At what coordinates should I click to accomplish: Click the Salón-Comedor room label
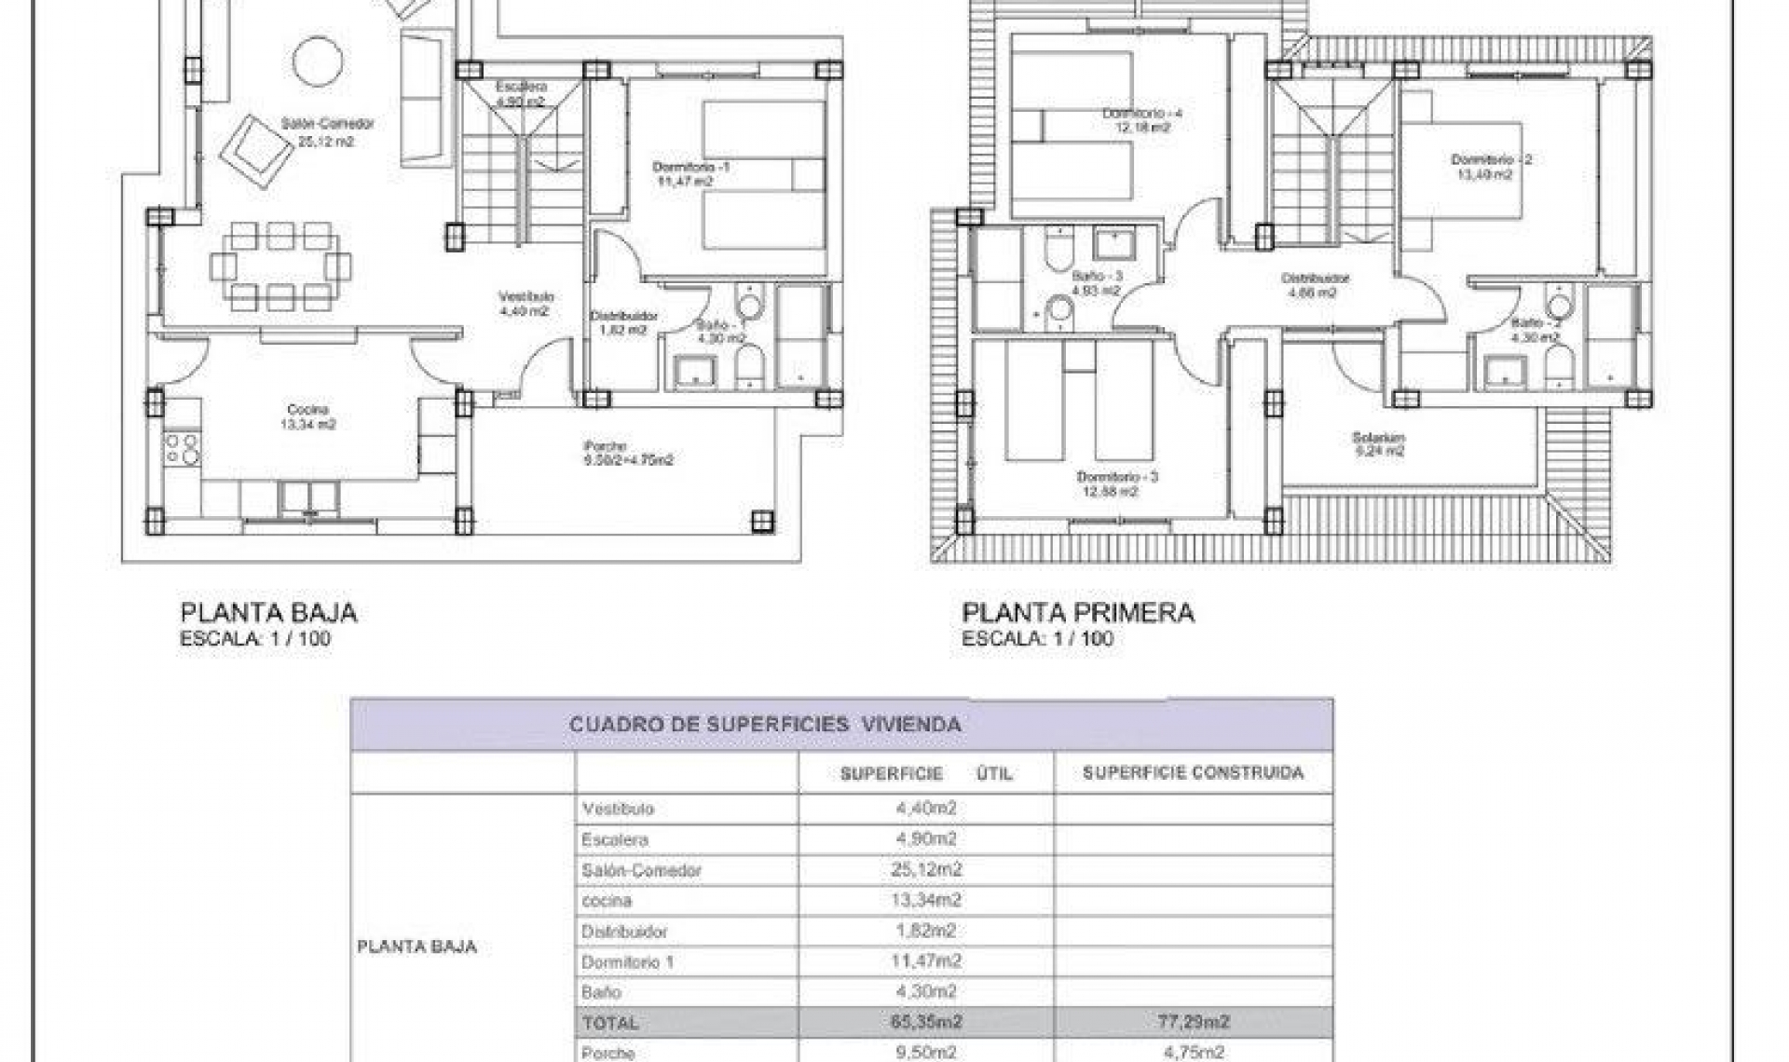click(x=327, y=124)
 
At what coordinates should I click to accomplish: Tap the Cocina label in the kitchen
click(x=307, y=410)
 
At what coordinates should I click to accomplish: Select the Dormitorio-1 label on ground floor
click(x=690, y=167)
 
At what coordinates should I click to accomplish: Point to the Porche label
click(x=606, y=446)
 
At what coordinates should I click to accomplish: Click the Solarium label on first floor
click(x=1378, y=437)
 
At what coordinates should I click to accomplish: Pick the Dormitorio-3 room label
click(x=1117, y=477)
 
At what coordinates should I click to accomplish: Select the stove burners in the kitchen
click(x=182, y=449)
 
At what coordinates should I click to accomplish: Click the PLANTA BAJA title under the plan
click(x=268, y=613)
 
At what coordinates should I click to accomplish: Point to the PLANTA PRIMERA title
click(x=1078, y=613)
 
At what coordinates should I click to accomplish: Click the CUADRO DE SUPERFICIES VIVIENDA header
click(x=764, y=725)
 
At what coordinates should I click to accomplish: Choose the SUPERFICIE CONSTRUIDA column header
click(x=1193, y=772)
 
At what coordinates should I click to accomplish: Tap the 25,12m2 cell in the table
click(x=926, y=869)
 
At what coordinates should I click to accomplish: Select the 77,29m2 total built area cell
click(x=1193, y=1022)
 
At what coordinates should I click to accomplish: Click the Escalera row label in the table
click(x=614, y=839)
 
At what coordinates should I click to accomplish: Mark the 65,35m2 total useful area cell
click(x=926, y=1022)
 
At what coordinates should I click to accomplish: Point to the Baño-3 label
click(x=1098, y=277)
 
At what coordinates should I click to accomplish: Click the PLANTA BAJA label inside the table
click(x=417, y=946)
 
